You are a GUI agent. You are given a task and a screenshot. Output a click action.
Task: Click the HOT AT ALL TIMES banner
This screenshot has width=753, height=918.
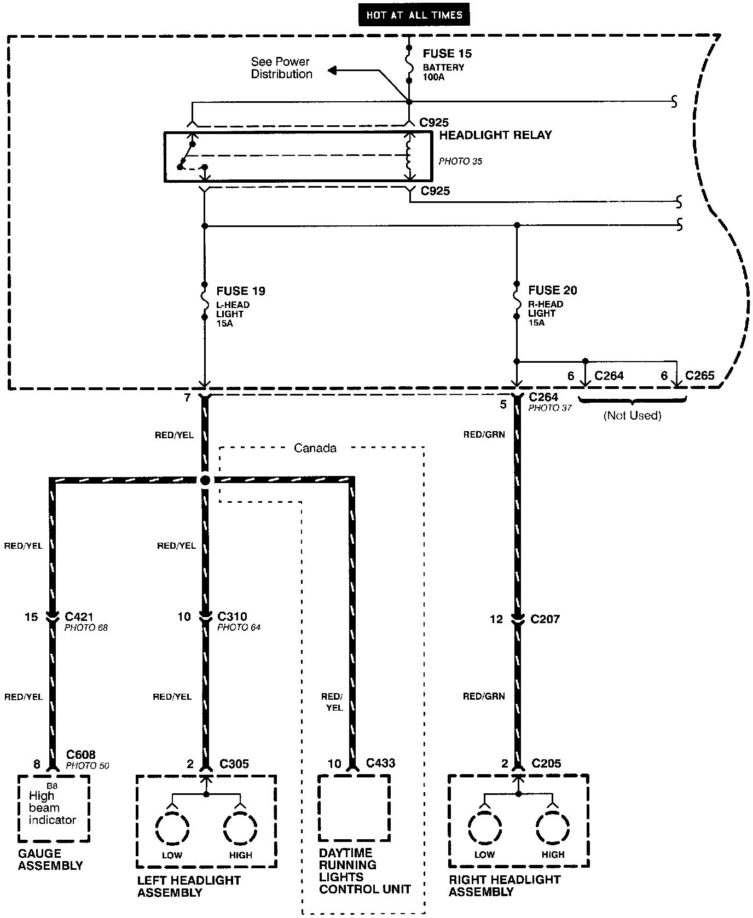[x=414, y=15]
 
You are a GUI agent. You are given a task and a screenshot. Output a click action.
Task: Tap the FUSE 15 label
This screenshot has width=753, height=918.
[x=447, y=54]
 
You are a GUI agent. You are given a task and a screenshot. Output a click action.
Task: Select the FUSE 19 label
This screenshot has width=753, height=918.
[x=241, y=291]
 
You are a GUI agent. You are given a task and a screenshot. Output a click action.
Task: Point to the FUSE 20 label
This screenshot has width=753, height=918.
[x=553, y=290]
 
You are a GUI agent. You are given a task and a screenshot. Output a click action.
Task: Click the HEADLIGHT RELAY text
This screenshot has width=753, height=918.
[x=495, y=135]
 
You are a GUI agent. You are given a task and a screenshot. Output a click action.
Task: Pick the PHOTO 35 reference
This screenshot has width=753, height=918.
[x=460, y=161]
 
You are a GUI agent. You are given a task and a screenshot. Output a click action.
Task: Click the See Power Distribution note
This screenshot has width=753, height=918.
[x=281, y=68]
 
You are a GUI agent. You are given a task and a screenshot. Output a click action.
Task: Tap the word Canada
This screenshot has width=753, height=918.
[x=315, y=448]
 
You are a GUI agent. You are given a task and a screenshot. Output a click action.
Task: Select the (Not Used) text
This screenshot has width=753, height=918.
[x=632, y=416]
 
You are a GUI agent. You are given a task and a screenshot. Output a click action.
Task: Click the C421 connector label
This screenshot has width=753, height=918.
[x=79, y=617]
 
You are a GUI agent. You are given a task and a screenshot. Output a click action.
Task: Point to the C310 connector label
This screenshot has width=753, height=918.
[x=232, y=617]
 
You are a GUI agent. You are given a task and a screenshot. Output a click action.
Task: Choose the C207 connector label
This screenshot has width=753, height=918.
[x=545, y=619]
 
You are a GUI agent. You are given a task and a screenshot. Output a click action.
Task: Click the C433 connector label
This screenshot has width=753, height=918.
[x=380, y=763]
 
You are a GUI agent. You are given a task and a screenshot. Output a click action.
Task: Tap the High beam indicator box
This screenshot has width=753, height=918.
[x=53, y=808]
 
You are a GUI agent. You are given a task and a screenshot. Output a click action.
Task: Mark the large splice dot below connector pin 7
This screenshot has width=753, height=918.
[x=205, y=480]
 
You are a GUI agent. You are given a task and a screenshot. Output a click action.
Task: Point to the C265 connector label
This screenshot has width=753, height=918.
[x=700, y=376]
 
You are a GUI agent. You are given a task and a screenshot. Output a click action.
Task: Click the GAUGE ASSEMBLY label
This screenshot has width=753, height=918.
[x=50, y=859]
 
